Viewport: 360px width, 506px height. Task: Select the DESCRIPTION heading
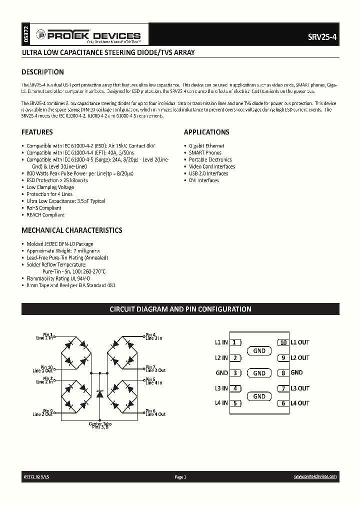point(42,72)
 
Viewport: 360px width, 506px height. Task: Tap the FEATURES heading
point(37,132)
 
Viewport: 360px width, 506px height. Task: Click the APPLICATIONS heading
point(206,132)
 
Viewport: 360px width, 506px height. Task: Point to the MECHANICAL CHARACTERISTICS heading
point(71,230)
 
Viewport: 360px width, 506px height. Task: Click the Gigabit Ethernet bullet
point(206,145)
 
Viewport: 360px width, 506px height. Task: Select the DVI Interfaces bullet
point(204,180)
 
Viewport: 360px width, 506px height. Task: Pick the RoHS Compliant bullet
point(44,208)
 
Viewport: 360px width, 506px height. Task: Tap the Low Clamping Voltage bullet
point(50,187)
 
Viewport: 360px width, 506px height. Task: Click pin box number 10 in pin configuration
point(283,342)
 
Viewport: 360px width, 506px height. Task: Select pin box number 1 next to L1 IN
point(235,342)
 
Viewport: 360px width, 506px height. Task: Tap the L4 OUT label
point(300,403)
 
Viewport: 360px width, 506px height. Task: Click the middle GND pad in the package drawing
point(259,373)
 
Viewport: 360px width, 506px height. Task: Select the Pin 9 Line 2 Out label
point(44,412)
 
